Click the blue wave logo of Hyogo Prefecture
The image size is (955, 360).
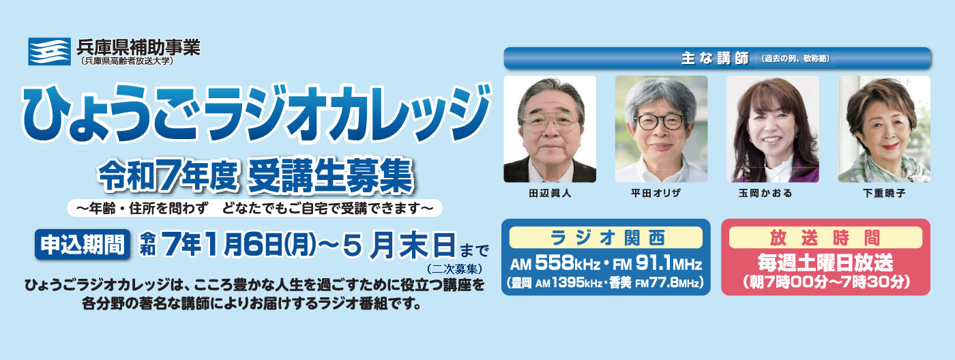pyautogui.click(x=49, y=52)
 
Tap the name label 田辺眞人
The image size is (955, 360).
pyautogui.click(x=550, y=194)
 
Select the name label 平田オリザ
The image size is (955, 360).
pyautogui.click(x=656, y=194)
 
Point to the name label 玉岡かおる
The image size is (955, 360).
pyautogui.click(x=765, y=194)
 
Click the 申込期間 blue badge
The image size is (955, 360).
pyautogui.click(x=83, y=245)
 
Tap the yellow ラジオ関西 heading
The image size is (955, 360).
pyautogui.click(x=606, y=238)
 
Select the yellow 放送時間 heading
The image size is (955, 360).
pyautogui.click(x=825, y=238)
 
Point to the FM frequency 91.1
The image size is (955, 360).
pyautogui.click(x=653, y=263)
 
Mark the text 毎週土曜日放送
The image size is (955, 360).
pyautogui.click(x=825, y=262)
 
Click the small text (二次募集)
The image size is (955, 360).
pyautogui.click(x=454, y=269)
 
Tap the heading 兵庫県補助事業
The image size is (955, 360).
pyautogui.click(x=138, y=47)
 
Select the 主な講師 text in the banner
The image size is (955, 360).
pyautogui.click(x=715, y=58)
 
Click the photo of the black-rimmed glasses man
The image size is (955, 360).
pyautogui.click(x=661, y=129)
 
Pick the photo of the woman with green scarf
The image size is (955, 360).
pyautogui.click(x=884, y=129)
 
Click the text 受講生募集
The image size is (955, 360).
pyautogui.click(x=332, y=176)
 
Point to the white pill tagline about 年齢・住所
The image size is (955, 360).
pyautogui.click(x=254, y=209)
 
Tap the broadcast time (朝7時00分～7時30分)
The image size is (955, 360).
pyautogui.click(x=825, y=282)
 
